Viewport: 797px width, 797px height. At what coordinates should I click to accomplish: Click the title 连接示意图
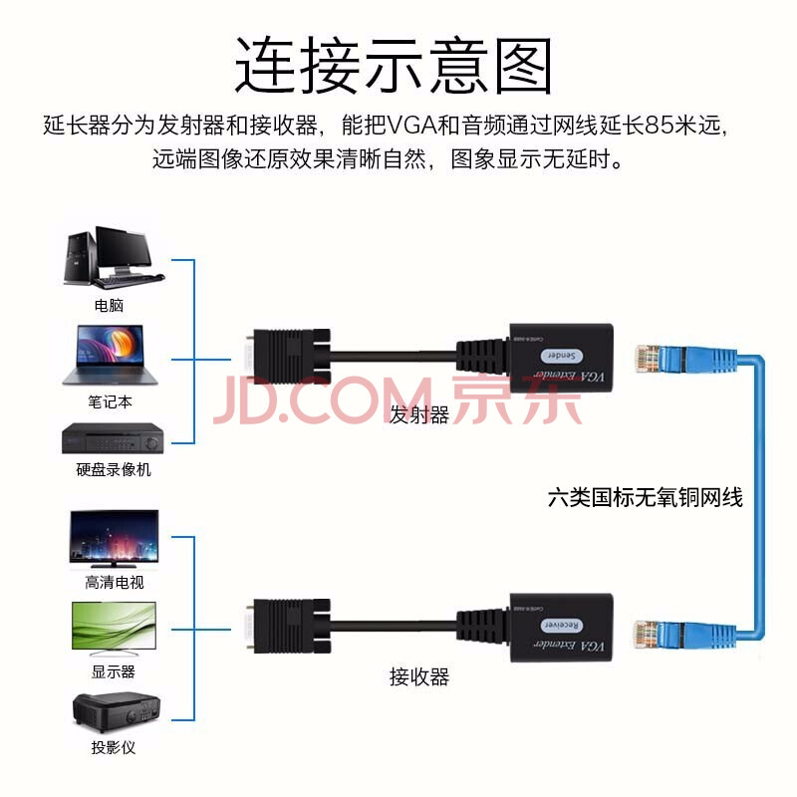point(394,66)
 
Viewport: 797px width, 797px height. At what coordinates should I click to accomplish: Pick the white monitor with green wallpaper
point(113,627)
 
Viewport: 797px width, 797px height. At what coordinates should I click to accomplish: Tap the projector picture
point(113,711)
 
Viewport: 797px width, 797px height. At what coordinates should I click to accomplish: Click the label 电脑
point(109,305)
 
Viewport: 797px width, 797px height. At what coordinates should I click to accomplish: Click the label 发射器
point(419,415)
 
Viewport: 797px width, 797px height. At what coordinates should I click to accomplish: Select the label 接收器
point(419,677)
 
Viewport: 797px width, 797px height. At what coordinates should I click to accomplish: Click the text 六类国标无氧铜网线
point(646,496)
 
